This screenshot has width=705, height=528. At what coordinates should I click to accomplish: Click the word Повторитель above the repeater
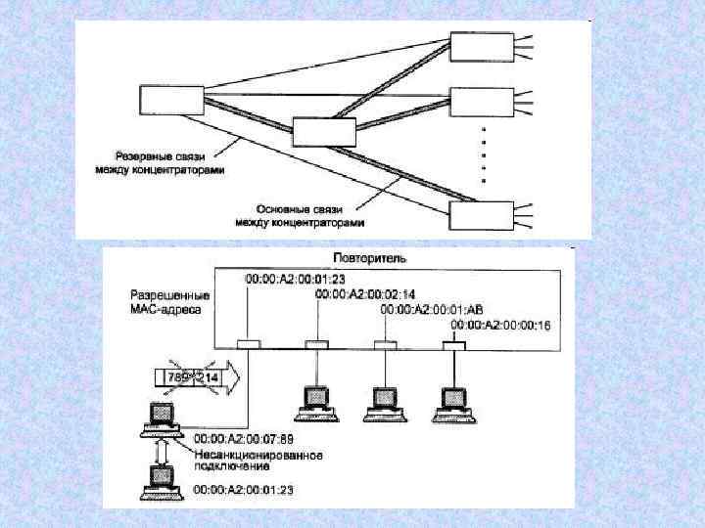pos(370,257)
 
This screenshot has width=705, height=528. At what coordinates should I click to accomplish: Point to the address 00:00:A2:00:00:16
pos(500,324)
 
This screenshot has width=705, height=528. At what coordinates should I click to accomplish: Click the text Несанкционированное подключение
pos(258,460)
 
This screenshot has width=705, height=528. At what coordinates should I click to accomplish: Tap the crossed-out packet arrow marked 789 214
pos(196,377)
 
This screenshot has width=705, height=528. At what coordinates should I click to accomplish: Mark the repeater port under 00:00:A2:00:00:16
pos(453,344)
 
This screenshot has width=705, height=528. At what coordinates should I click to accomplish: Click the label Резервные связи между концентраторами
pos(160,162)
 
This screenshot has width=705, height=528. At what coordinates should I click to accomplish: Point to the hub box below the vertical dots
pos(479,213)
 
